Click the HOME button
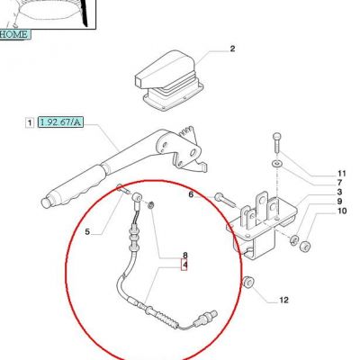[x=14, y=34]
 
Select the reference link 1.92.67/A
[x=60, y=122]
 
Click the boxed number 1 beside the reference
[x=30, y=122]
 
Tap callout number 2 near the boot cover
[x=232, y=49]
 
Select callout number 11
[x=342, y=174]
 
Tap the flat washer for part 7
[x=276, y=164]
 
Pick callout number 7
[x=339, y=183]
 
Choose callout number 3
[x=339, y=192]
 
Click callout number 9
[x=339, y=202]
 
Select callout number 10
[x=342, y=211]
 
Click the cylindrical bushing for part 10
[x=305, y=247]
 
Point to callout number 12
[x=283, y=300]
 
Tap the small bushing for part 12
[x=248, y=282]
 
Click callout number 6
[x=191, y=194]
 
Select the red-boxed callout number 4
[x=184, y=265]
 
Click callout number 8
[x=185, y=256]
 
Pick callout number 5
[x=87, y=231]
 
